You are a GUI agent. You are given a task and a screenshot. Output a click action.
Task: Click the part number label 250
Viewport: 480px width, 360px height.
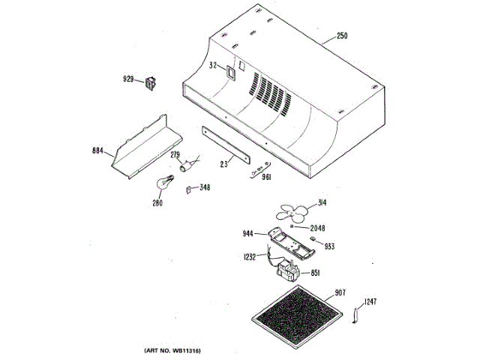343,37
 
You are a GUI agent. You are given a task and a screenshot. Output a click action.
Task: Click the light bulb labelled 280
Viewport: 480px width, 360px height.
163,181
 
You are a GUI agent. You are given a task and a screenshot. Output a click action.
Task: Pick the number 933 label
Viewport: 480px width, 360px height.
329,246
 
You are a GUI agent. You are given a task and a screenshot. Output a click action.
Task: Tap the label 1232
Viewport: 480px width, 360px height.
250,257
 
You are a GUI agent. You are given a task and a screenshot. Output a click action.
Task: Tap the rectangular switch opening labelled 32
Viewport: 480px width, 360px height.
229,68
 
